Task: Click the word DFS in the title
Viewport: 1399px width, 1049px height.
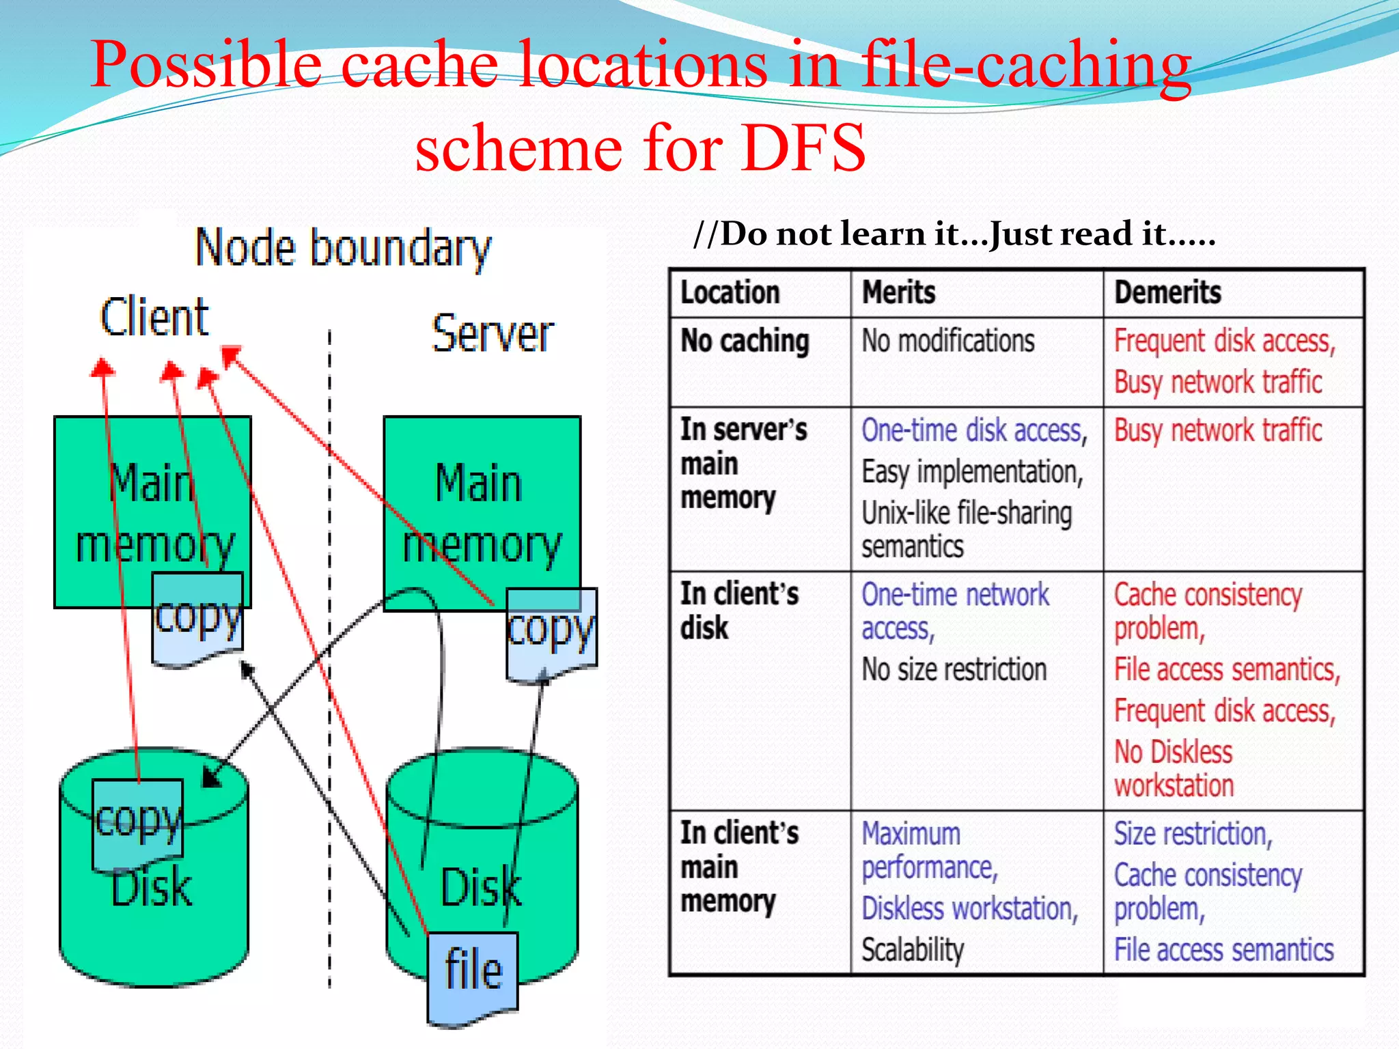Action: (803, 148)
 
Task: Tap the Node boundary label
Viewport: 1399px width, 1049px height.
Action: (343, 249)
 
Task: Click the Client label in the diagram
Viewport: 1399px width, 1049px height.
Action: (154, 318)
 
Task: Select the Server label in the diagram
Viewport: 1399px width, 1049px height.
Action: (493, 335)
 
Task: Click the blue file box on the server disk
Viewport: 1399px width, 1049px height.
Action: (473, 973)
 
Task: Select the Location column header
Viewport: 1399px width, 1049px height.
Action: (730, 293)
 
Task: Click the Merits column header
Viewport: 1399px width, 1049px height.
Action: (898, 293)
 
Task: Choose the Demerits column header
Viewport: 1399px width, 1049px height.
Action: (1167, 293)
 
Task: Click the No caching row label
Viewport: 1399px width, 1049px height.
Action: (745, 341)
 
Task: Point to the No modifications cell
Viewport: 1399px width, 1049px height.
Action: (947, 341)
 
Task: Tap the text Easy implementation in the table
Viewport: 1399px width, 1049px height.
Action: (971, 472)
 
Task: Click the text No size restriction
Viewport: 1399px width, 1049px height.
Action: (954, 669)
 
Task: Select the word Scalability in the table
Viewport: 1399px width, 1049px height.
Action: (912, 949)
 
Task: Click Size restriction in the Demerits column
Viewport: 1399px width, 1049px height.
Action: (1193, 834)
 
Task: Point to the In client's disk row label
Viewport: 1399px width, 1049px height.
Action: (738, 611)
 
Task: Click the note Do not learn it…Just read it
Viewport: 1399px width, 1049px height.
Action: (954, 234)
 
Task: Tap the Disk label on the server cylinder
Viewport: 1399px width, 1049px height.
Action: (481, 888)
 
